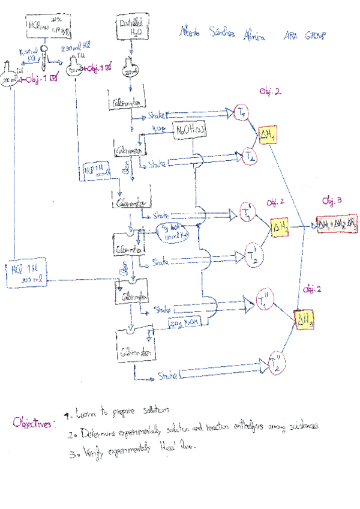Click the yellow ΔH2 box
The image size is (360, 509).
pyautogui.click(x=281, y=227)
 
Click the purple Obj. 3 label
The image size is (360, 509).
pyautogui.click(x=332, y=200)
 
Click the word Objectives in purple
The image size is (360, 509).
pyautogui.click(x=34, y=424)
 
